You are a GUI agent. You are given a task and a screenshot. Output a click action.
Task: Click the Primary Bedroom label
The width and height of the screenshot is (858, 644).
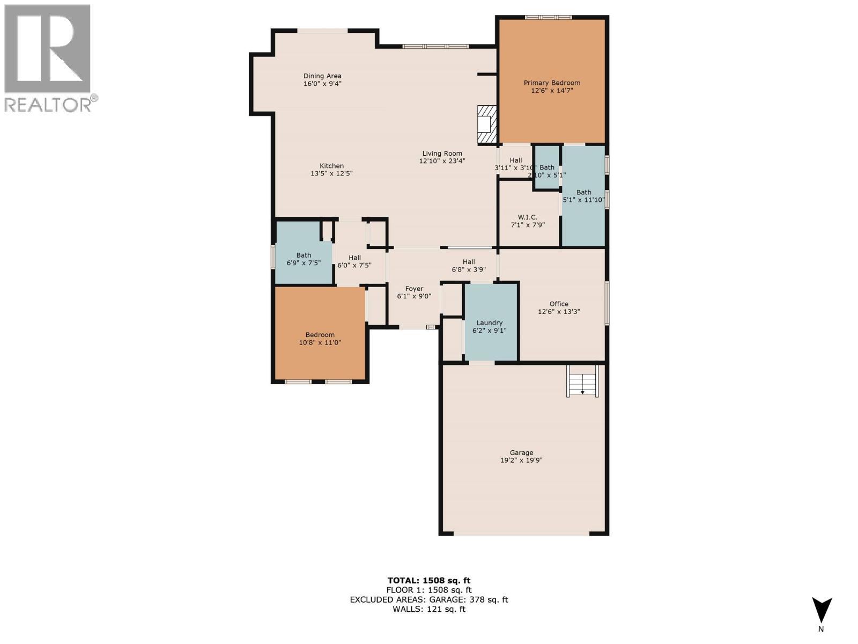[x=552, y=83]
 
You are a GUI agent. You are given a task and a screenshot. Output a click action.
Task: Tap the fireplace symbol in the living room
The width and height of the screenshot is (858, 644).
[x=487, y=125]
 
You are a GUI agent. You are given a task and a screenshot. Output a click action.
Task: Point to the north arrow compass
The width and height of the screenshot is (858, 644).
[x=821, y=611]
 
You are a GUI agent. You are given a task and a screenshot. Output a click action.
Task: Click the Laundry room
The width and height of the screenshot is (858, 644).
[x=490, y=323]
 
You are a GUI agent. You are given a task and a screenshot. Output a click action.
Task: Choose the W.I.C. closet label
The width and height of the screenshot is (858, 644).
[x=528, y=217]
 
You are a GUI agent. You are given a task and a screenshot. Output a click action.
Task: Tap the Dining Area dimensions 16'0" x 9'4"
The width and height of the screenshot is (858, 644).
[x=322, y=84]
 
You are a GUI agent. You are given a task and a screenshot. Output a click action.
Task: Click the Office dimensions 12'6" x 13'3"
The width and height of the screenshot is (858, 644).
[x=559, y=312]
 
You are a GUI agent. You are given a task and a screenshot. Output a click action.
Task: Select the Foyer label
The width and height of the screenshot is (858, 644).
[x=414, y=289]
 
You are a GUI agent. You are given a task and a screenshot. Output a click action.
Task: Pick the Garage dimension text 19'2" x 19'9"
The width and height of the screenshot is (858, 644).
[x=521, y=460]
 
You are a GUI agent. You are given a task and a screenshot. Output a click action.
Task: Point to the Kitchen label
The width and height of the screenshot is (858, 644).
[x=331, y=166]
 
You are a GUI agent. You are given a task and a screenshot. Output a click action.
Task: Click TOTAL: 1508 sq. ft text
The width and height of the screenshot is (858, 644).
[x=428, y=580]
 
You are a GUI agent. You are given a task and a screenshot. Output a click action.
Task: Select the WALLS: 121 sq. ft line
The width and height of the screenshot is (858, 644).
[x=428, y=609]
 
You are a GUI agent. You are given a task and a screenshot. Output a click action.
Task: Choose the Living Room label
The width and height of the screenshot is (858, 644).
[x=442, y=153]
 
